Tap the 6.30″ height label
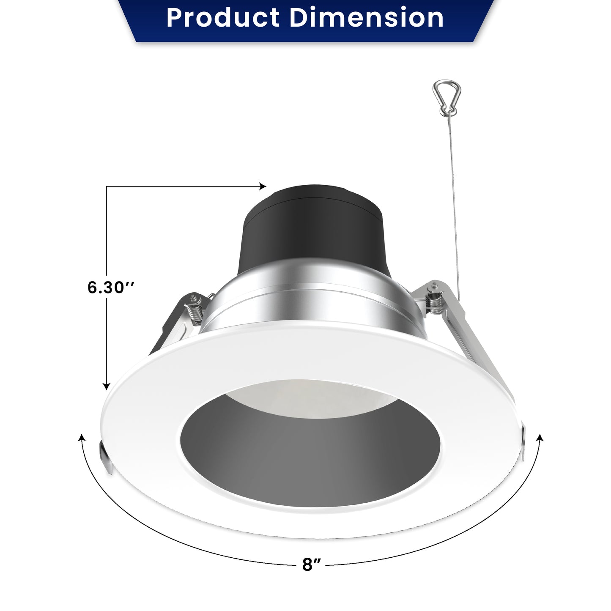click(x=111, y=287)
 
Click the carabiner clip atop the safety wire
click(x=447, y=98)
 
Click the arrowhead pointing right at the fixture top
click(x=263, y=186)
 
